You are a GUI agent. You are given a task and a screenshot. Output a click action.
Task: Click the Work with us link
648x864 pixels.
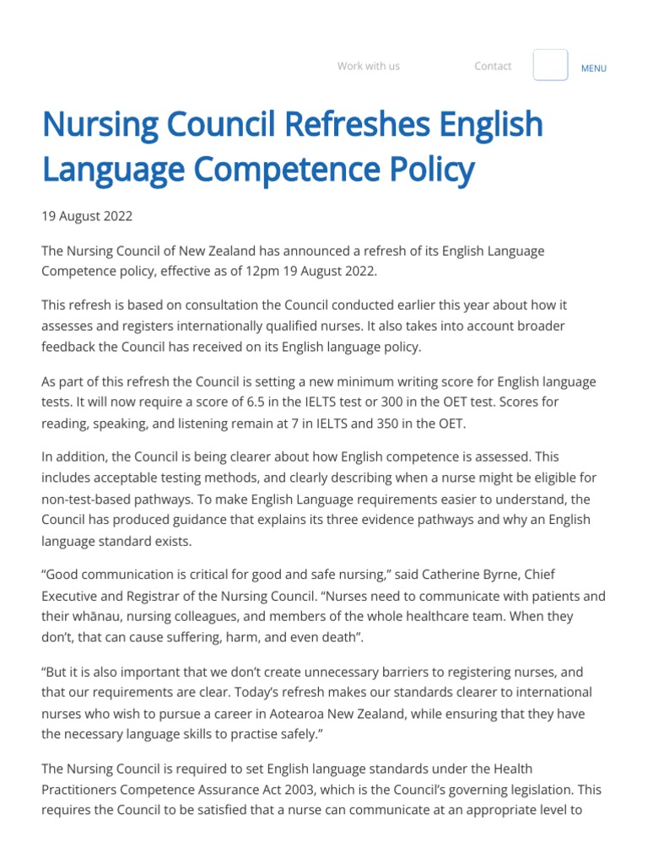point(368,66)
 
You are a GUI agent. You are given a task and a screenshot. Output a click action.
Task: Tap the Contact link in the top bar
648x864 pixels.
point(493,66)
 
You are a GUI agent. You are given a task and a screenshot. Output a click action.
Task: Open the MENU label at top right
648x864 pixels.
point(593,68)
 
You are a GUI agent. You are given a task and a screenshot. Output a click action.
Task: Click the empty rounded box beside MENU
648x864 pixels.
point(550,65)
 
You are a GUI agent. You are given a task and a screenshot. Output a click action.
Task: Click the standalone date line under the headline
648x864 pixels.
point(87,216)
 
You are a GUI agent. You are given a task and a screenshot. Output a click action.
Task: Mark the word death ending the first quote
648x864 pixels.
point(337,636)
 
